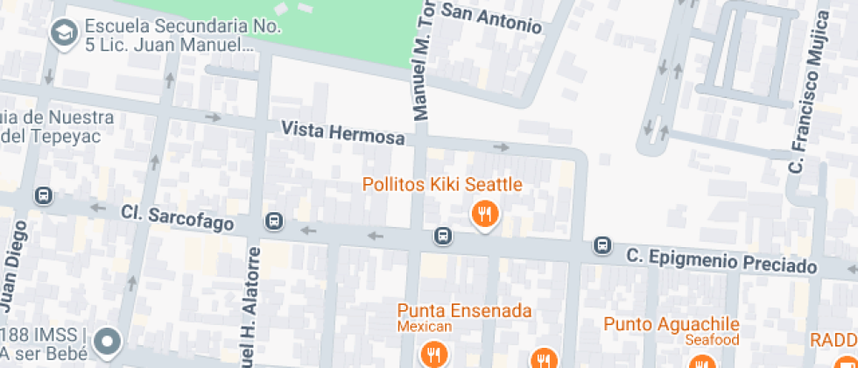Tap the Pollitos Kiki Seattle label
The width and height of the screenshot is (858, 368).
pos(443,185)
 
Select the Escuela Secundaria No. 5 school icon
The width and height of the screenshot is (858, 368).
pos(63,34)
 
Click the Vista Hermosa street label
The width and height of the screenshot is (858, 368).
pos(342,133)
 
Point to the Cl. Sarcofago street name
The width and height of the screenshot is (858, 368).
pos(178,219)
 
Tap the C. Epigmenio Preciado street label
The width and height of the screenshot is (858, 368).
pos(722,261)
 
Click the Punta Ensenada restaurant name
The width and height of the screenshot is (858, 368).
pos(464,310)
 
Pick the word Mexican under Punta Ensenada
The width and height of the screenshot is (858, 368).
pos(425,327)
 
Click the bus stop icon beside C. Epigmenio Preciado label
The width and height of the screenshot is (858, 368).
pos(602,245)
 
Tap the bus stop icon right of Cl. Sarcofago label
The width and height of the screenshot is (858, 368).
pos(275,222)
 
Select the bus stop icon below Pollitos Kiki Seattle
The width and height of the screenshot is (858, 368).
pos(443,236)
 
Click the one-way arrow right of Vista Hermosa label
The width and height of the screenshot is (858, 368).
pos(502,147)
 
